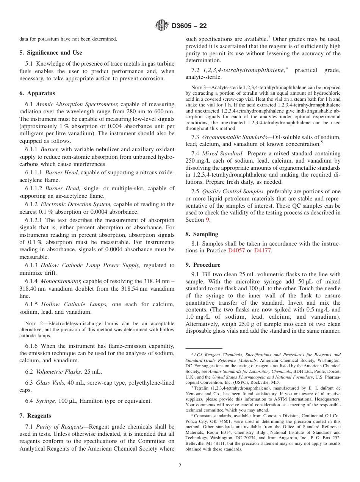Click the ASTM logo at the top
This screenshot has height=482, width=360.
162,26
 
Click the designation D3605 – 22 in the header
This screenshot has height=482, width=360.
189,26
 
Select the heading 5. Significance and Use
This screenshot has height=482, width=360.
51,53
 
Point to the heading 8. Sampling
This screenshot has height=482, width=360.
202,234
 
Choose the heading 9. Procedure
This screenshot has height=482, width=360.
203,265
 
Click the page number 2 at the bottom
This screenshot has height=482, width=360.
180,466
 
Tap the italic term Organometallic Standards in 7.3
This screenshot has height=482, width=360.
232,137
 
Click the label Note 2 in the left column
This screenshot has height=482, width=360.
31,324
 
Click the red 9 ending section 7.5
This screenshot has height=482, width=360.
207,220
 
